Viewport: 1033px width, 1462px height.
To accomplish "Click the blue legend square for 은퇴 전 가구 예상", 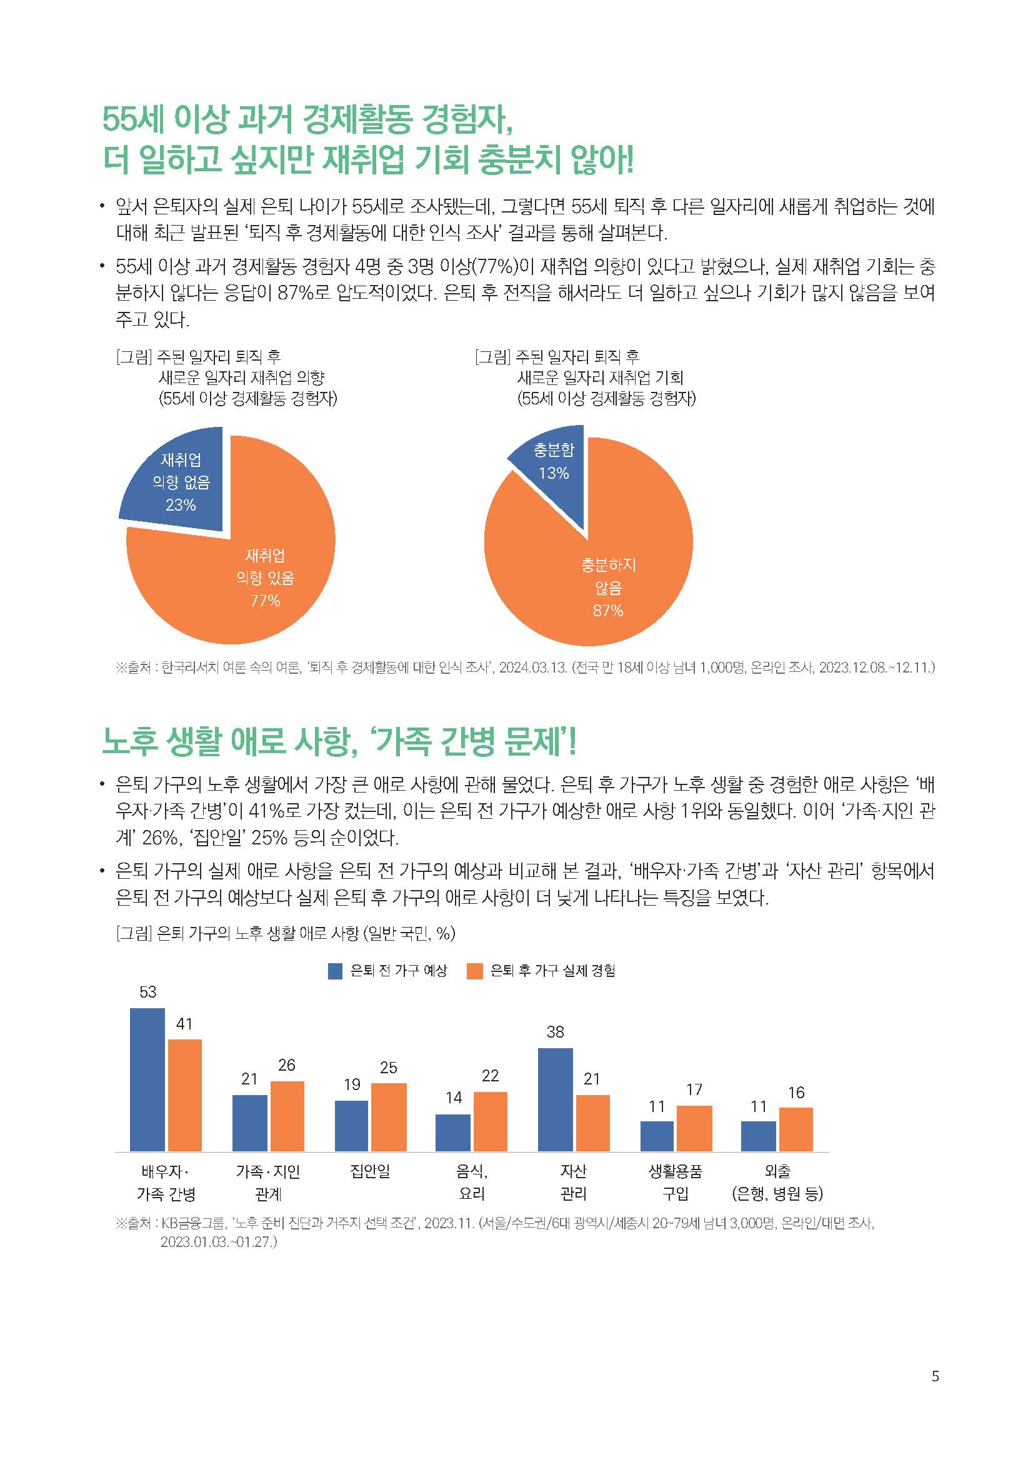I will (x=336, y=971).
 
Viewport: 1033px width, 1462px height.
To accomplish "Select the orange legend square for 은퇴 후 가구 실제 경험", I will (x=475, y=971).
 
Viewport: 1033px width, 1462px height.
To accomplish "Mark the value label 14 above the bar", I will (x=453, y=1098).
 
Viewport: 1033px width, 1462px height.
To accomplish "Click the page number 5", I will (x=935, y=1376).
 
